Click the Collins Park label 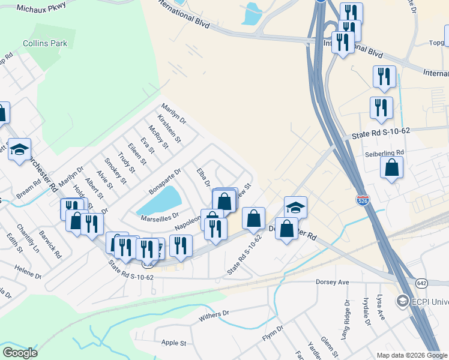45,43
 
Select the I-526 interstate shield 363,199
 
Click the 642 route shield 420,282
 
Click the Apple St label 174,343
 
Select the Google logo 20,353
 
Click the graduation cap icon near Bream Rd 19,149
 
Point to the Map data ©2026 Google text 411,355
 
